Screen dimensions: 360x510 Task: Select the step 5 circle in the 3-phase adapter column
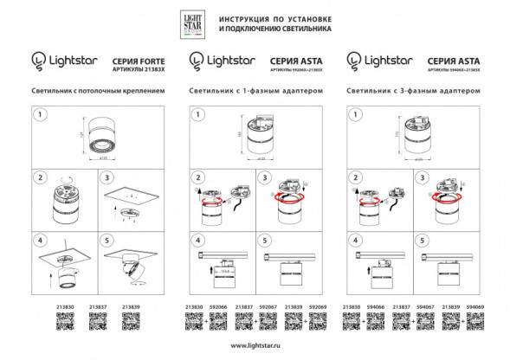tap(422, 239)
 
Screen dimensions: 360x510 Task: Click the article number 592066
tap(220, 307)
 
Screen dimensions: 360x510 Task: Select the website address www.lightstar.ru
tap(255, 346)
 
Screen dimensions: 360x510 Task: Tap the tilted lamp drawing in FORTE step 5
tap(130, 270)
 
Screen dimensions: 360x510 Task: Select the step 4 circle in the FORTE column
tap(39, 239)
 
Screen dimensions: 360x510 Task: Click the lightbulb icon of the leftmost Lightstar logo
tap(38, 60)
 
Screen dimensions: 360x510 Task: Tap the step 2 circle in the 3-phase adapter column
tap(357, 177)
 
